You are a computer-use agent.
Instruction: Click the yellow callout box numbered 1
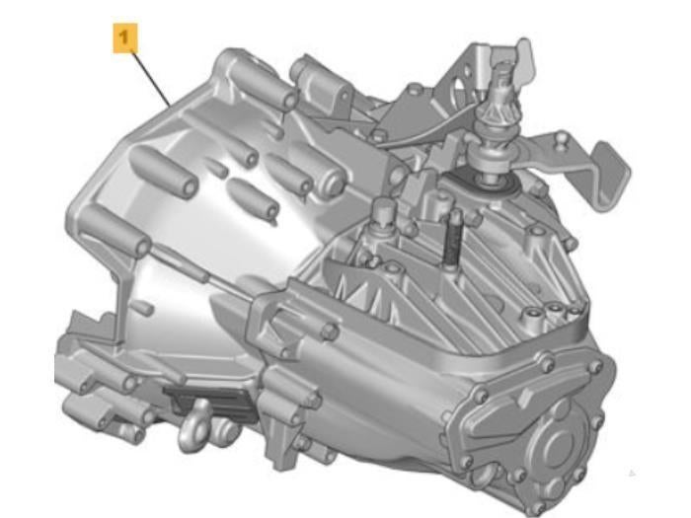coord(125,38)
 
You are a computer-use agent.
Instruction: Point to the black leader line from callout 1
coord(152,79)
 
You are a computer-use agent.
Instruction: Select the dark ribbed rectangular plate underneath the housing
coord(209,403)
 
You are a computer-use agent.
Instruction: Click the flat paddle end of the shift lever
coord(610,176)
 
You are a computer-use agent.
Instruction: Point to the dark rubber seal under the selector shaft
coord(485,184)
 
